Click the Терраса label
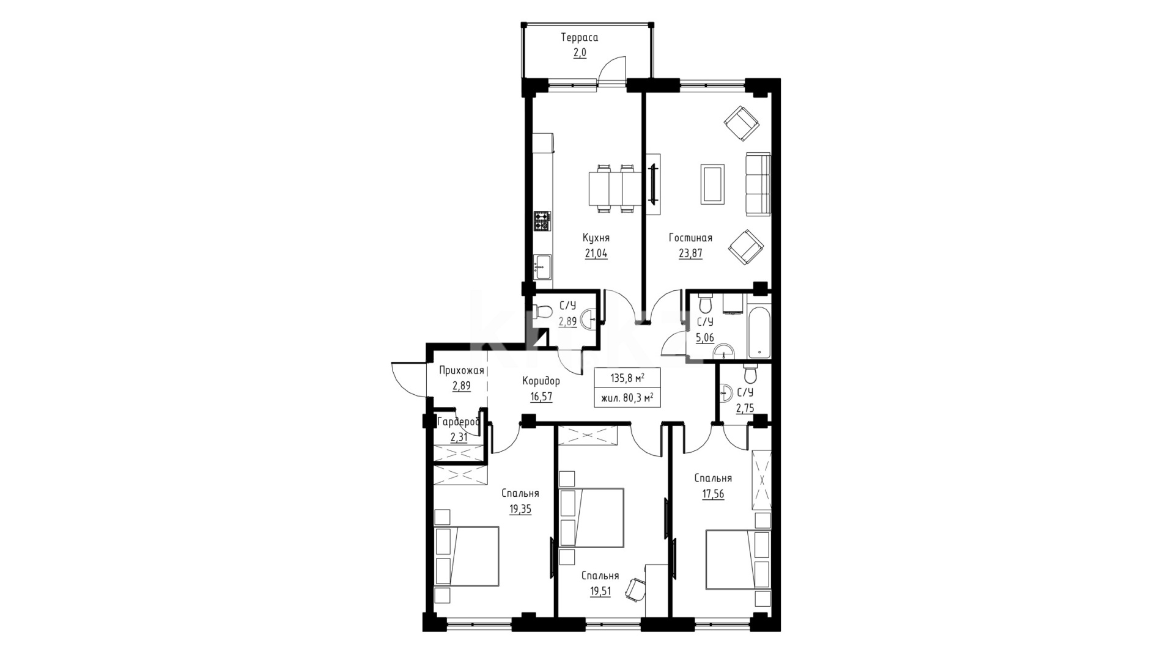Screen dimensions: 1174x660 click(x=580, y=38)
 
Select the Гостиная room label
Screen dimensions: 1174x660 click(x=690, y=238)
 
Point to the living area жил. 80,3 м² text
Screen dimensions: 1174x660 click(x=627, y=398)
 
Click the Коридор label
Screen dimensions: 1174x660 click(x=541, y=381)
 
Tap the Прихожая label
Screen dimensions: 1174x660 click(x=462, y=370)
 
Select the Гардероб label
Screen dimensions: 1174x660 click(x=458, y=422)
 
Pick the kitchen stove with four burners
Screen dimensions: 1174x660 click(x=542, y=221)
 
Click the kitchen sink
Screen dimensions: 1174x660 click(x=542, y=266)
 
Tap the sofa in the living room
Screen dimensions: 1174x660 click(x=758, y=183)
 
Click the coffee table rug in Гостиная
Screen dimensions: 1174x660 click(x=713, y=183)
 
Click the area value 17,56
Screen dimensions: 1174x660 click(x=713, y=494)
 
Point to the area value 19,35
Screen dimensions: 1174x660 click(x=520, y=508)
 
